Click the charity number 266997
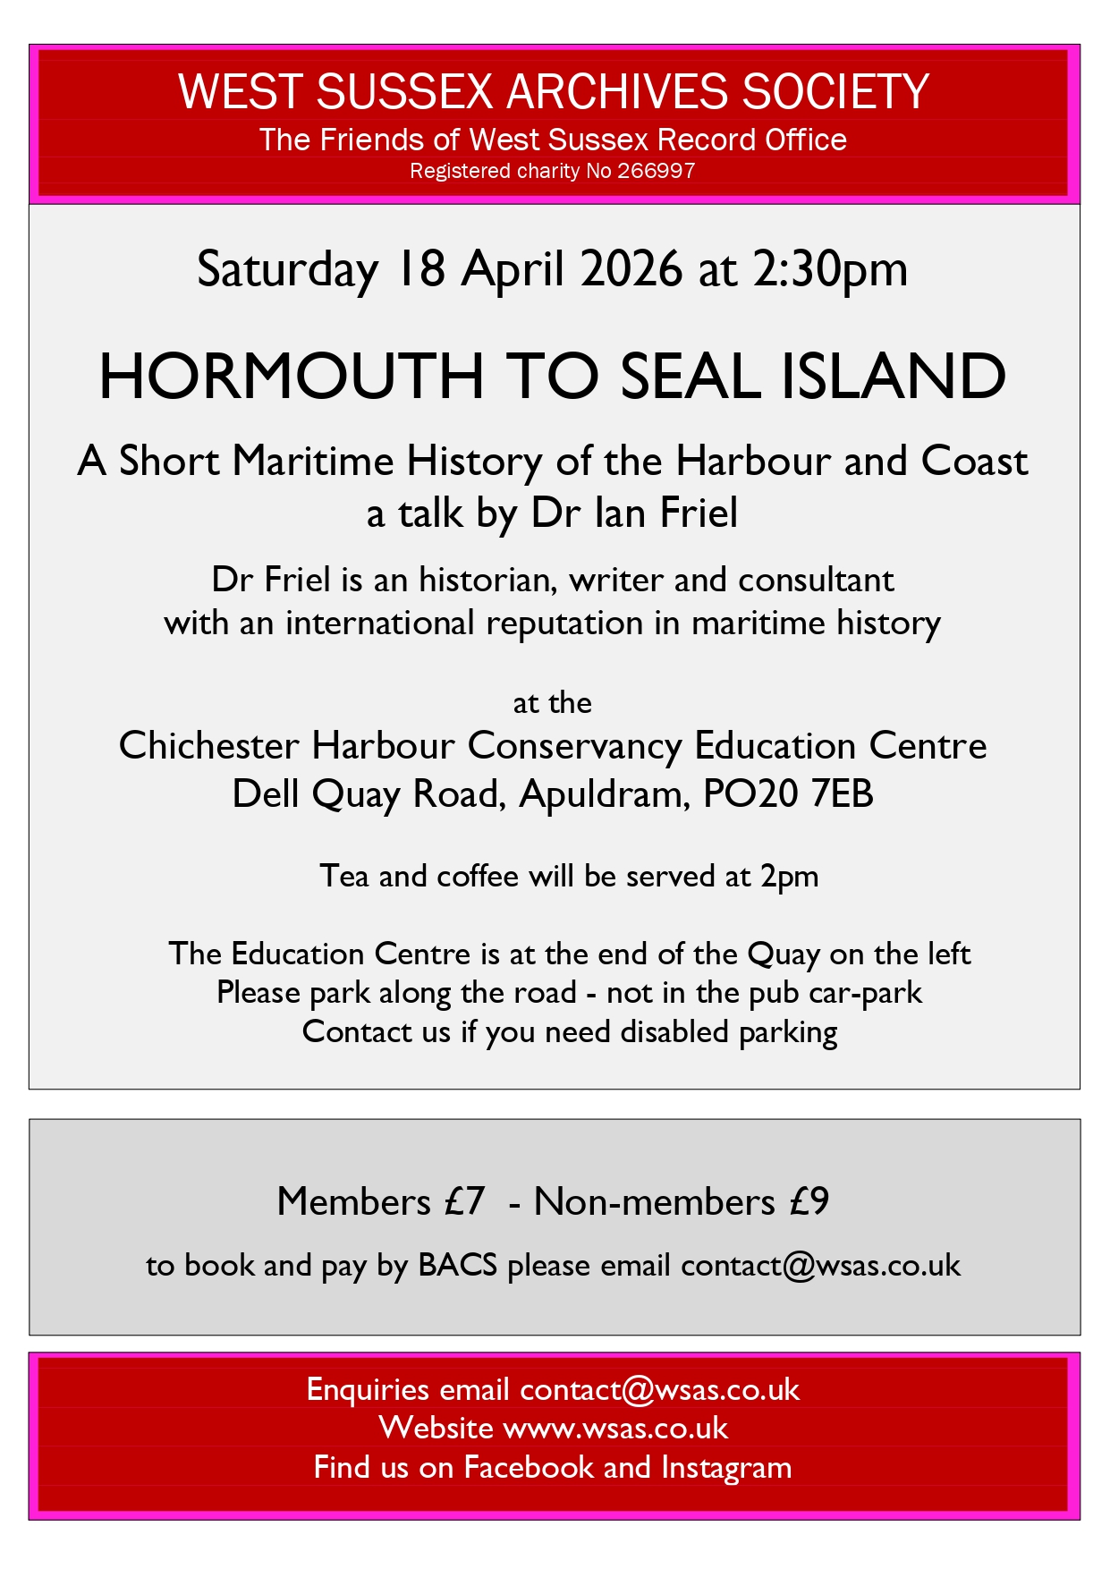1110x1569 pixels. click(x=656, y=171)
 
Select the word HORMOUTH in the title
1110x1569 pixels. click(x=291, y=377)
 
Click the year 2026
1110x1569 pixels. click(x=631, y=269)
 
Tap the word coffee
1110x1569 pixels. click(x=478, y=876)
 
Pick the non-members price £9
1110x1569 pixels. click(x=809, y=1201)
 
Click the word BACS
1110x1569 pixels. click(x=457, y=1266)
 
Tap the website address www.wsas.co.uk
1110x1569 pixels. click(x=615, y=1429)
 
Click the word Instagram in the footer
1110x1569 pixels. click(x=726, y=1468)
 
